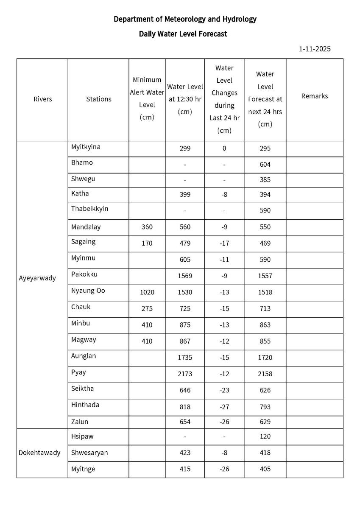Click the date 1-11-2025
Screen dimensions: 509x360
315,49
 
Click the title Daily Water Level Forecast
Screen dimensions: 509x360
183,34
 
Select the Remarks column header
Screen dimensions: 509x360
314,96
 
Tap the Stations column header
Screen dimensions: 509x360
98,99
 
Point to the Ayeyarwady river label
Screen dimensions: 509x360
37,278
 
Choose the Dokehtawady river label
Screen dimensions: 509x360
39,453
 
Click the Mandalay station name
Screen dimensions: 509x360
86,227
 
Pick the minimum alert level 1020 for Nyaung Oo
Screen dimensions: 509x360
147,292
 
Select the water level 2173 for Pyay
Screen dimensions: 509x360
185,374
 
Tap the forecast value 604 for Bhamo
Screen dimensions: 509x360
265,165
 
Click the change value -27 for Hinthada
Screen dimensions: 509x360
224,407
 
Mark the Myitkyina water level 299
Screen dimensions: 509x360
185,148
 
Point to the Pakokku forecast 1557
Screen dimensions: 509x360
265,276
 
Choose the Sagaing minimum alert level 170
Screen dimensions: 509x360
147,243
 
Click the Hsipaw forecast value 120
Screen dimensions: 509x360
265,436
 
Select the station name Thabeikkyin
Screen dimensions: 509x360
90,209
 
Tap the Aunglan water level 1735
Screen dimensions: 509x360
185,358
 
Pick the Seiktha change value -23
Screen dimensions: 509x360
224,390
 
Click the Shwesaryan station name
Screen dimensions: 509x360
89,453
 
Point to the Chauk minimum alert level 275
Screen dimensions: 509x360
147,308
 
